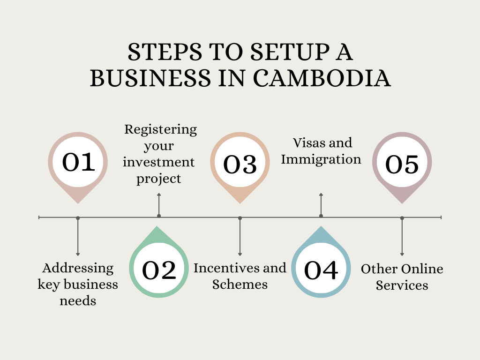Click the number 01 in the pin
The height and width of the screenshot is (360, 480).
coord(78,162)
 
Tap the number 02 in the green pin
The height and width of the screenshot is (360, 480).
coord(159,270)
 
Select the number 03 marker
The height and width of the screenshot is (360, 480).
coord(240,165)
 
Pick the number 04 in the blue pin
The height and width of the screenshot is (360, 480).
coord(321,270)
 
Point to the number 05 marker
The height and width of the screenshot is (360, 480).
coord(402,165)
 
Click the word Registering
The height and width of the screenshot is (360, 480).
coord(160,129)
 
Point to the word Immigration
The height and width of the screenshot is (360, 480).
coord(321,159)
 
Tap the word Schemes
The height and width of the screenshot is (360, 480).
coord(240,285)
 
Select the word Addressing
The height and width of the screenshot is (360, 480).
coord(78,268)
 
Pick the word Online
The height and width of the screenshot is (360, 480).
coord(422,269)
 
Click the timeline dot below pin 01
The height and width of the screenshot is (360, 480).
coord(78,218)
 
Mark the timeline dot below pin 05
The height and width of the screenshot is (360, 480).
coord(402,218)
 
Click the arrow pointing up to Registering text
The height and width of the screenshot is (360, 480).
coord(159,195)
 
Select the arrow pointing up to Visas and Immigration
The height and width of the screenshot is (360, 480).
coord(321,195)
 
